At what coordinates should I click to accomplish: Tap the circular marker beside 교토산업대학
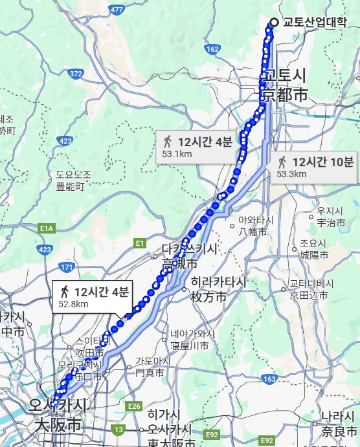tap(273, 23)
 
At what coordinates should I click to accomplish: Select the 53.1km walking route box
tap(197, 147)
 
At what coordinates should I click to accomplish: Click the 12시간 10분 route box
tap(315, 167)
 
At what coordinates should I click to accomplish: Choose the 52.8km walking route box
tap(93, 296)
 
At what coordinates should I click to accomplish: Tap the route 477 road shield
tap(117, 10)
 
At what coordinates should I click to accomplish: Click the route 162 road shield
tap(212, 49)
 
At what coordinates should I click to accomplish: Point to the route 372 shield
tap(76, 74)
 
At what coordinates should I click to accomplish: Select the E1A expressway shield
tap(46, 228)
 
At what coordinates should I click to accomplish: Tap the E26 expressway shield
tap(134, 406)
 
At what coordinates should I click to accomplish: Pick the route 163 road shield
tap(270, 378)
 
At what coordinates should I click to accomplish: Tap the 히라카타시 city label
tap(218, 289)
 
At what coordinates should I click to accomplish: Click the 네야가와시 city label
tap(192, 340)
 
